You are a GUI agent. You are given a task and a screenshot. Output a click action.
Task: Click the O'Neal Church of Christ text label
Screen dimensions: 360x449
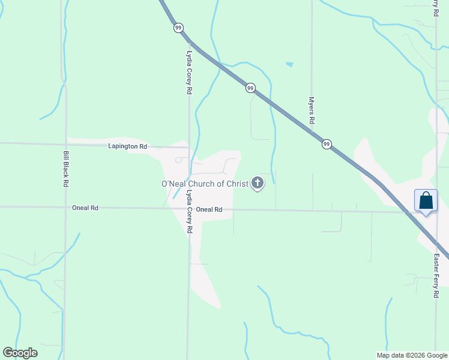[x=204, y=184]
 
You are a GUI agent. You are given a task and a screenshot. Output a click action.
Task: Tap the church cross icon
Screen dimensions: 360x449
[x=258, y=183]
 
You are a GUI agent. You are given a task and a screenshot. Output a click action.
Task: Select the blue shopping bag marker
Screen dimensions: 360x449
[x=426, y=200]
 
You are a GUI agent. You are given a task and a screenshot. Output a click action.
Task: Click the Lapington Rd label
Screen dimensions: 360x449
[x=128, y=146]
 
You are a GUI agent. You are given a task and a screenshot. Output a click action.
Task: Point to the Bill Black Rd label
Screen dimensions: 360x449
[x=66, y=169]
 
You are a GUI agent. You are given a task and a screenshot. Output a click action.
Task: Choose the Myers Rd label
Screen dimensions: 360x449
[x=312, y=110]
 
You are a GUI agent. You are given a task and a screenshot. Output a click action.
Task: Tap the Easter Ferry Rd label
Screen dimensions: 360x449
[x=436, y=275]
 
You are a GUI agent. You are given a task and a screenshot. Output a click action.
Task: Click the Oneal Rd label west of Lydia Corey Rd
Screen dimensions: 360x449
[x=85, y=208]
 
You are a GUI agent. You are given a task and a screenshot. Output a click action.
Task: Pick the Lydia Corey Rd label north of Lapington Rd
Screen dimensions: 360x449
[x=189, y=71]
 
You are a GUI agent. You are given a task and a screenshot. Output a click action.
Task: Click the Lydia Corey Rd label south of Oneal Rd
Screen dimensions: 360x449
[x=189, y=211]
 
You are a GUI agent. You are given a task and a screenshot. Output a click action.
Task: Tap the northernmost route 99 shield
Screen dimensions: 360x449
[x=178, y=28]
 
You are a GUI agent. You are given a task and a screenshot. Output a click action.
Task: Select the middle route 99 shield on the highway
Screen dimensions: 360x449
[x=250, y=88]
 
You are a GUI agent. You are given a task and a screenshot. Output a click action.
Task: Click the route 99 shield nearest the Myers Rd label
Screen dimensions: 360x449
[x=327, y=144]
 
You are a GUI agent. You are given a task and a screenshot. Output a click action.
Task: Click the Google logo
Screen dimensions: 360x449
[x=20, y=353]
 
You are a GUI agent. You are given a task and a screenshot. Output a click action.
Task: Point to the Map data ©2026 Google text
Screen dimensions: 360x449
[x=412, y=355]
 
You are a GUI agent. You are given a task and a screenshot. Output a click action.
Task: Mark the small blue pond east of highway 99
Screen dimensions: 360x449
[x=290, y=64]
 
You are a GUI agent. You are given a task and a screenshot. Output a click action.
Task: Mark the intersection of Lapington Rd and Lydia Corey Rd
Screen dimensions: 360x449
[x=189, y=147]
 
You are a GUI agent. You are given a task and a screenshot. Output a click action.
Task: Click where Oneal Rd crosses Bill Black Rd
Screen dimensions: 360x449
[x=65, y=207]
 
